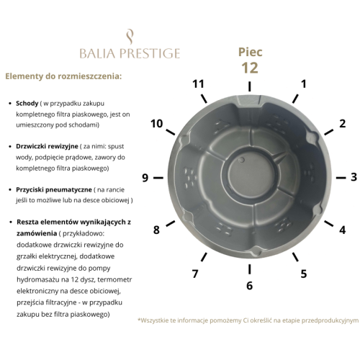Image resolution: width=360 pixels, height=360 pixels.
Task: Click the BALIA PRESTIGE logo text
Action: (x=130, y=53)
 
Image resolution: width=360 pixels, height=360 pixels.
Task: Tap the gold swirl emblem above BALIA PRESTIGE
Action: (x=130, y=37)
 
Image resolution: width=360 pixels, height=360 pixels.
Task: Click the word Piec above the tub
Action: (x=250, y=53)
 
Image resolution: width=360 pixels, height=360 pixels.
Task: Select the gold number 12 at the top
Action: (x=250, y=68)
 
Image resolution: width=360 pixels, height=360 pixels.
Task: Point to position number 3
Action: (x=354, y=177)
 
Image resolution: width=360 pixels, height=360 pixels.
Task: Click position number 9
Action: (x=145, y=178)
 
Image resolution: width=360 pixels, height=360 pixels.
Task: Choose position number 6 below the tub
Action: (x=250, y=285)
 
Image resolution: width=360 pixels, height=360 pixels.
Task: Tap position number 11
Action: (x=198, y=84)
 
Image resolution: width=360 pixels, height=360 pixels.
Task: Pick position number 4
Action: (x=343, y=230)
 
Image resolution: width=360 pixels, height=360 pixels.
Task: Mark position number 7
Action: (x=195, y=274)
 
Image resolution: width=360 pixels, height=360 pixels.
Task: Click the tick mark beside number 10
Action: (x=171, y=132)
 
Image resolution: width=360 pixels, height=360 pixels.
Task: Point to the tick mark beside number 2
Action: (x=329, y=132)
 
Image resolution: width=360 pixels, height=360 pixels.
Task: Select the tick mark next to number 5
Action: (x=295, y=257)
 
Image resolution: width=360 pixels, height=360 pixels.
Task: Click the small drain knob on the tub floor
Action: (x=242, y=160)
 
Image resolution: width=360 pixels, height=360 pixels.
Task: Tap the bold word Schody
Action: (x=27, y=104)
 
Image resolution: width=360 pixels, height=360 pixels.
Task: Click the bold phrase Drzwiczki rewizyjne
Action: (x=47, y=146)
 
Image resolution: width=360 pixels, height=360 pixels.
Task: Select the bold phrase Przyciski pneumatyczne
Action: (x=54, y=189)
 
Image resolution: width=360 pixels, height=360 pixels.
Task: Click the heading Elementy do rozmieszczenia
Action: (x=63, y=76)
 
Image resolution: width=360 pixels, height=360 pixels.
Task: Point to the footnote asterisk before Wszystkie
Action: (x=139, y=320)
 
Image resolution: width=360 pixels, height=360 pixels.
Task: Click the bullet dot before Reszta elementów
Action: (x=10, y=222)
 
